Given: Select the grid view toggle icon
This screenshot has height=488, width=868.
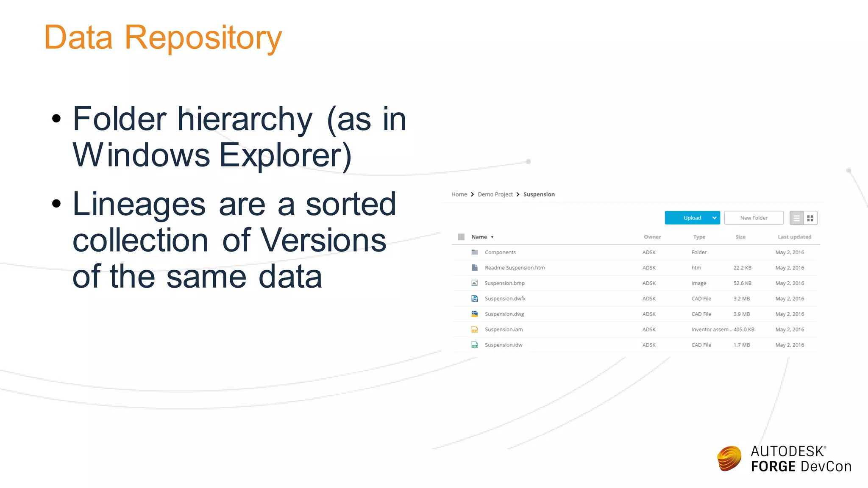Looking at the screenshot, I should pyautogui.click(x=810, y=218).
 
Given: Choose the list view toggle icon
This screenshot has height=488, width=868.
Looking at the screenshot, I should pyautogui.click(x=797, y=218).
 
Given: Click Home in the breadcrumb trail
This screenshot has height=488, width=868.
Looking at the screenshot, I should pyautogui.click(x=459, y=194).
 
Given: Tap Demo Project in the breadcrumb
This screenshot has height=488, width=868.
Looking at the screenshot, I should pyautogui.click(x=495, y=194).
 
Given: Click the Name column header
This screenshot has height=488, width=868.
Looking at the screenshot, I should pyautogui.click(x=479, y=237).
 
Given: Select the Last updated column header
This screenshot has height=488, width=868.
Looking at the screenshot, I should pyautogui.click(x=794, y=237).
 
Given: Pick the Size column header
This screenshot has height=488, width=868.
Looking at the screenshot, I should pyautogui.click(x=740, y=237).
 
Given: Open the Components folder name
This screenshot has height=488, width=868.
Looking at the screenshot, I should pyautogui.click(x=500, y=252).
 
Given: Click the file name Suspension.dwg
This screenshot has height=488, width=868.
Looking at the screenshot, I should pyautogui.click(x=504, y=314).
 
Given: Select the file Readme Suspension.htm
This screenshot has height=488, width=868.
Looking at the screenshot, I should pyautogui.click(x=515, y=268).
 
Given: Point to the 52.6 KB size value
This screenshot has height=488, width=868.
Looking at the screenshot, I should pyautogui.click(x=742, y=283).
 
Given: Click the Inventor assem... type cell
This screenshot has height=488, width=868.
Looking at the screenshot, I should pyautogui.click(x=711, y=330).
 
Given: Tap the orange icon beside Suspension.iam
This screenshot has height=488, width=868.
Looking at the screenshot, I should pyautogui.click(x=475, y=330).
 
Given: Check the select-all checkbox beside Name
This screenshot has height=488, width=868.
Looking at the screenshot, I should pyautogui.click(x=461, y=237).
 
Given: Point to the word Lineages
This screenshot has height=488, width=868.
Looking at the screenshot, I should pyautogui.click(x=139, y=204).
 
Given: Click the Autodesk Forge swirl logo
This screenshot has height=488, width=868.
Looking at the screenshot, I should pyautogui.click(x=729, y=458).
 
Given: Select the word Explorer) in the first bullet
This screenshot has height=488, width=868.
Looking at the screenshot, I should pyautogui.click(x=285, y=156).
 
